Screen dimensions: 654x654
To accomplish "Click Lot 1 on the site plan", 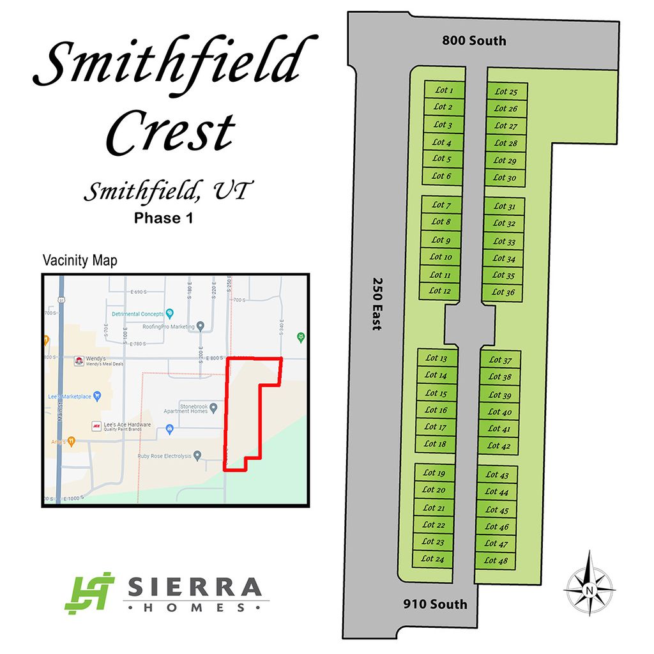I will (x=444, y=90).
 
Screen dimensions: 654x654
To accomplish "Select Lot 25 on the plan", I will (x=506, y=92).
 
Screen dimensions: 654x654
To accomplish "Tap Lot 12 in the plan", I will (x=439, y=291).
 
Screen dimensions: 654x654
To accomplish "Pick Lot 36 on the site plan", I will (x=503, y=293).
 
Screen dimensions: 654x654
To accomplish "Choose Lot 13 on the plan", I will (x=436, y=358).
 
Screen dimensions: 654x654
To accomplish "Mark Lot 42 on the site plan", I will (x=499, y=446).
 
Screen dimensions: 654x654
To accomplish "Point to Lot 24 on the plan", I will (x=432, y=559).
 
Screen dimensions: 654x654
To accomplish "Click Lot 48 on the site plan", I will (x=496, y=561).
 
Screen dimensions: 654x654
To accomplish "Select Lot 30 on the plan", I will (x=505, y=178).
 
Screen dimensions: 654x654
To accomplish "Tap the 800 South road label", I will (x=474, y=41).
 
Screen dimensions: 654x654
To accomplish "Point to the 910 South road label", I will (x=436, y=604).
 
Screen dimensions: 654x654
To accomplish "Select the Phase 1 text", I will (x=163, y=218).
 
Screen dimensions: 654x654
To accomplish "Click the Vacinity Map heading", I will (x=79, y=261).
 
